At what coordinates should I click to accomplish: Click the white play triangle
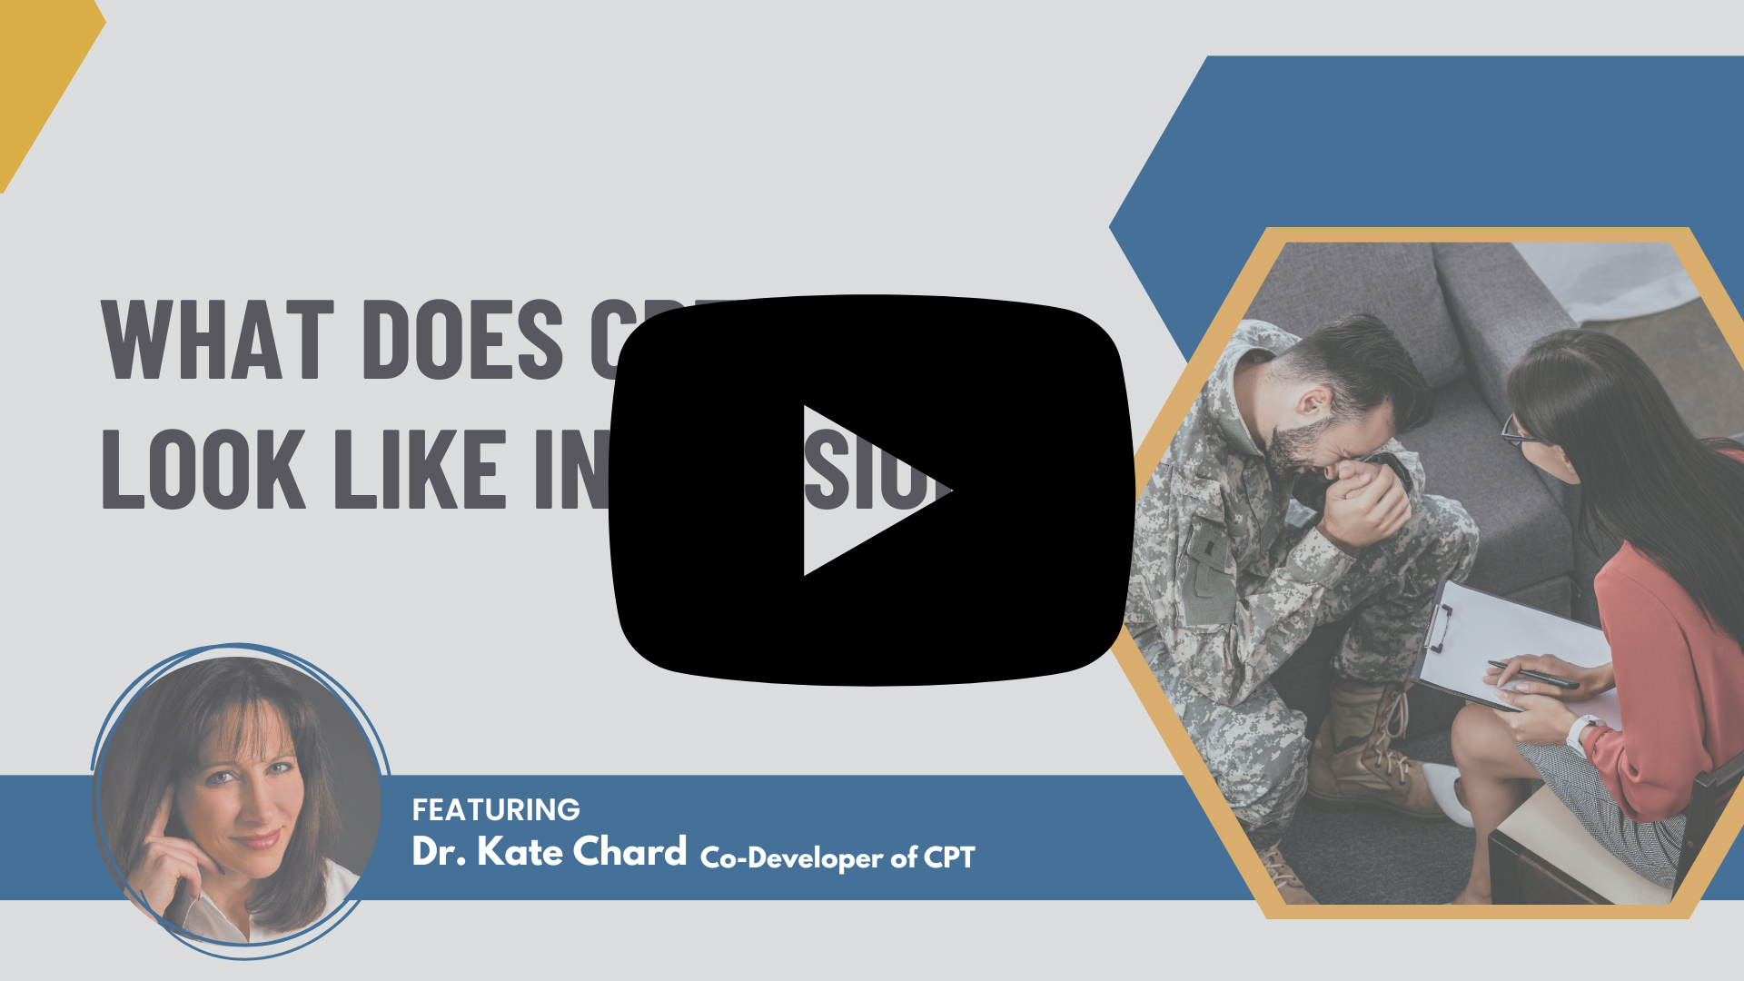[863, 490]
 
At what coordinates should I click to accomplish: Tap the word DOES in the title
[462, 340]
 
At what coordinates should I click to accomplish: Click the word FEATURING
[496, 809]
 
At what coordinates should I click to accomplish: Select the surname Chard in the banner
[629, 852]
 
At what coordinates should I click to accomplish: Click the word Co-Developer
[791, 857]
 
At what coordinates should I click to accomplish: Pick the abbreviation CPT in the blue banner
[949, 857]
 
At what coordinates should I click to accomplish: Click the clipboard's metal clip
[1438, 627]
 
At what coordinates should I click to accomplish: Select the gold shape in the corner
[36, 73]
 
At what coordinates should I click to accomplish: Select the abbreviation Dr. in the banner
[439, 852]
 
